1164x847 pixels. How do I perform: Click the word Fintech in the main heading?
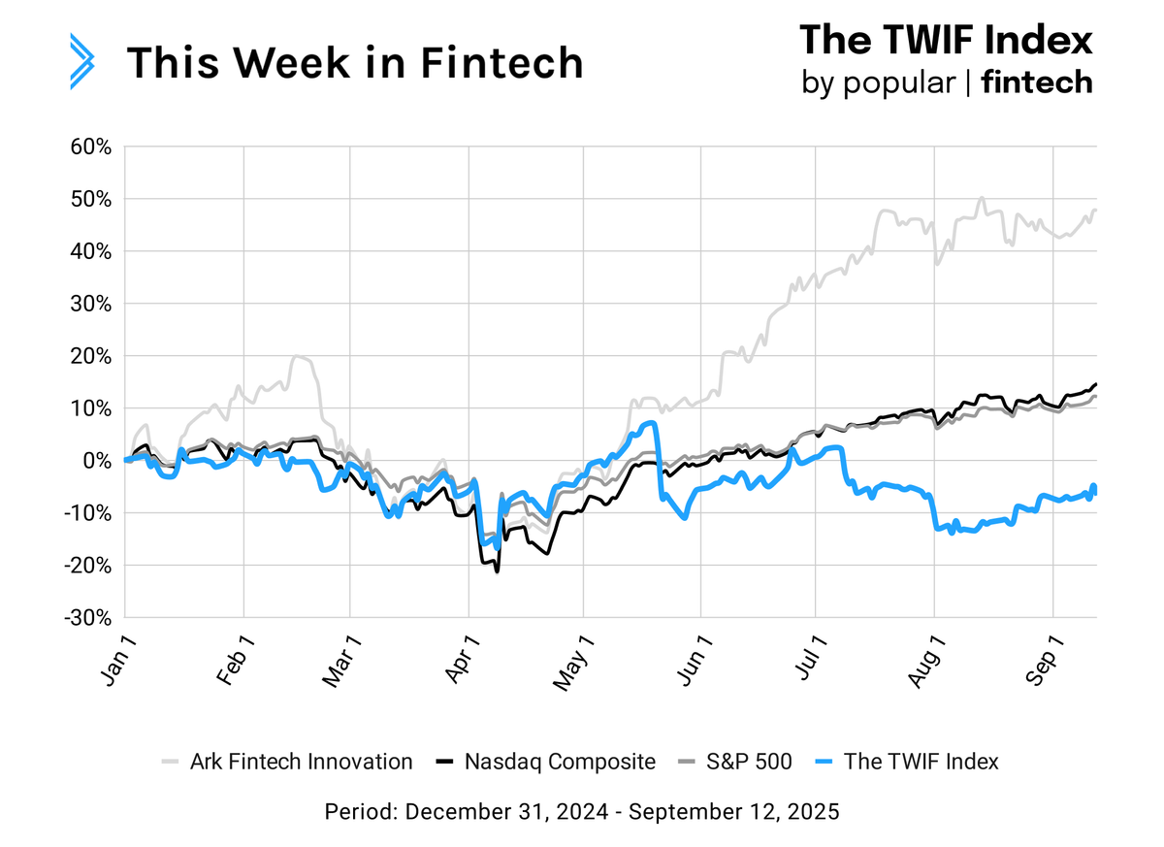(x=503, y=62)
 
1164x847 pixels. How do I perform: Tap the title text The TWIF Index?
(x=946, y=40)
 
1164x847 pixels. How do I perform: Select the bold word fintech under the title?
(x=1037, y=82)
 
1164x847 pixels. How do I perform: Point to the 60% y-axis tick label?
(x=92, y=147)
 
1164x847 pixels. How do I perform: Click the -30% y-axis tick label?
(x=90, y=617)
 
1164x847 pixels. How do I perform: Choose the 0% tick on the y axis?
(x=99, y=460)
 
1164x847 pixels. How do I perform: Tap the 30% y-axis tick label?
(x=92, y=304)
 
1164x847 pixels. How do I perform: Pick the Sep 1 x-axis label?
(x=1046, y=662)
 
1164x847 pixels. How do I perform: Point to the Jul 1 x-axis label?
(x=807, y=662)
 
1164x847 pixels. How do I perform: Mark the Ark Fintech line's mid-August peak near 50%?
(x=982, y=199)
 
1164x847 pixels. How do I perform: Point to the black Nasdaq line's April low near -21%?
(x=498, y=571)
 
